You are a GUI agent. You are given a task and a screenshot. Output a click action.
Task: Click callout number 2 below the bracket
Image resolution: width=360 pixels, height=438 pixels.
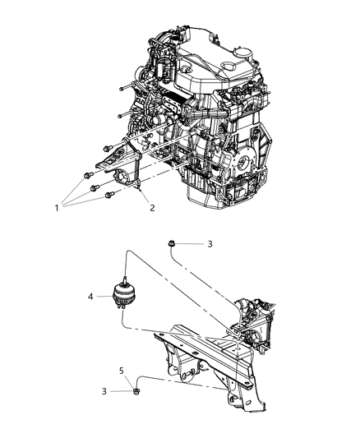click(x=151, y=208)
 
